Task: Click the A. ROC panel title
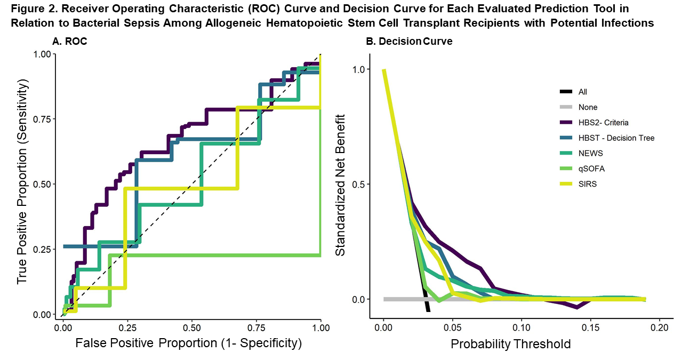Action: click(x=70, y=41)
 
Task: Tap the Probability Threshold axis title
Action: click(x=510, y=344)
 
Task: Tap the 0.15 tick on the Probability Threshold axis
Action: click(x=590, y=326)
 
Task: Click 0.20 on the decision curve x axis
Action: click(x=660, y=326)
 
